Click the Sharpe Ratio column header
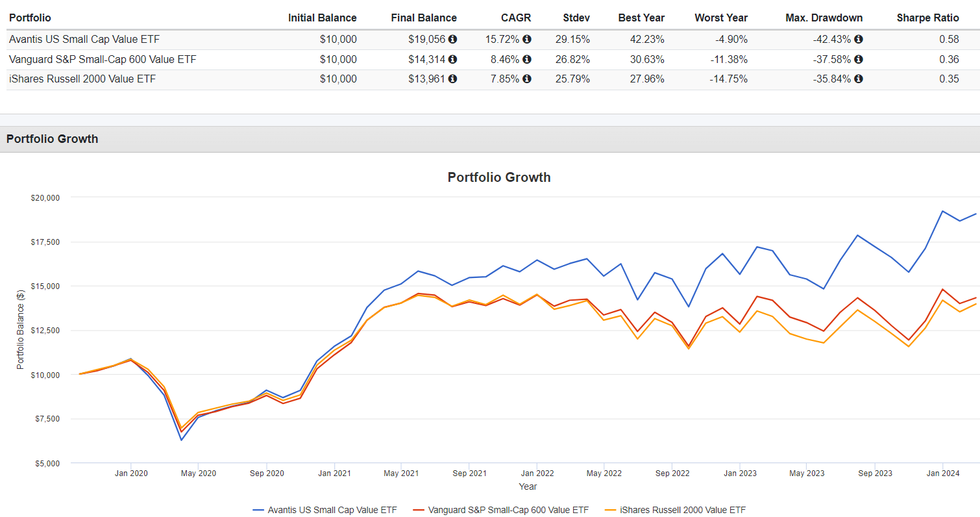927,18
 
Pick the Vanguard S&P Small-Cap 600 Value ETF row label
103,59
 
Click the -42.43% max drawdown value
831,39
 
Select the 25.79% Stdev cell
572,79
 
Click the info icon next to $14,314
452,59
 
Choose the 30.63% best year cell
647,59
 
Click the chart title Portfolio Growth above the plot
498,177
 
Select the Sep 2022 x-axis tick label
672,473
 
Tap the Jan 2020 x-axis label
131,473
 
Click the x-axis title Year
528,486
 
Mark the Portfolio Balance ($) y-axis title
20,330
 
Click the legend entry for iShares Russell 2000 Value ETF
681,510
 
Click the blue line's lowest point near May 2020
182,440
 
